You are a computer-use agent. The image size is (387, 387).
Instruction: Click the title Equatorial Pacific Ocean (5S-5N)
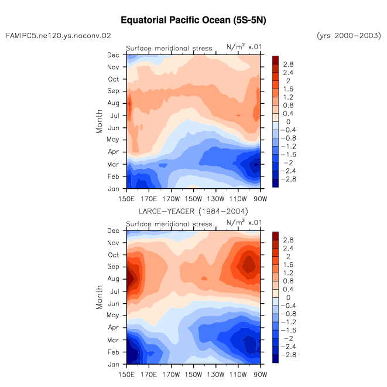click(193, 20)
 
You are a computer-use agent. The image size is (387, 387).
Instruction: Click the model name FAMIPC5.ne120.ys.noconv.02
click(59, 36)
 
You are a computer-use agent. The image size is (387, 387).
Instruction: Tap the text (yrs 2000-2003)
click(349, 36)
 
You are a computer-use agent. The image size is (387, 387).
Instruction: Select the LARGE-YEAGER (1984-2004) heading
click(193, 211)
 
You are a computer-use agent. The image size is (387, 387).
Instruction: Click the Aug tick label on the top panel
click(113, 103)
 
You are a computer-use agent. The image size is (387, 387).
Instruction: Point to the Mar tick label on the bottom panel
click(113, 340)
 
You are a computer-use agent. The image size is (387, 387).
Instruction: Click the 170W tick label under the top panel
click(171, 199)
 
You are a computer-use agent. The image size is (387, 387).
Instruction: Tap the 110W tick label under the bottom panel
click(238, 375)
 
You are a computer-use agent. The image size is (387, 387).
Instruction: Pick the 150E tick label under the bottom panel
click(126, 375)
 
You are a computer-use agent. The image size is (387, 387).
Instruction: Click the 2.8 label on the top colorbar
click(288, 64)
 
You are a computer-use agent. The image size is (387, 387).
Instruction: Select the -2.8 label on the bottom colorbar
click(288, 355)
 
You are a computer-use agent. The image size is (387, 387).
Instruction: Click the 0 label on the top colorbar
click(288, 121)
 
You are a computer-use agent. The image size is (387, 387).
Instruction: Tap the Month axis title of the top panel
click(99, 121)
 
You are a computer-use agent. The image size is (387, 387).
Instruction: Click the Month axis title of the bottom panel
click(99, 297)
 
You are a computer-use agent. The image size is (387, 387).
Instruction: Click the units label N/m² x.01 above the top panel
click(244, 46)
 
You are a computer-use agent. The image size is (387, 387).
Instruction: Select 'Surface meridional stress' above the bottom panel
click(169, 224)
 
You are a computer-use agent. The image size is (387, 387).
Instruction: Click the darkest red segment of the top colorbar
click(275, 60)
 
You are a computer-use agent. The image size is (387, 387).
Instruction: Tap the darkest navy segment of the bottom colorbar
click(275, 359)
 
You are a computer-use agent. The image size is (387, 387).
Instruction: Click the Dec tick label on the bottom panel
click(113, 230)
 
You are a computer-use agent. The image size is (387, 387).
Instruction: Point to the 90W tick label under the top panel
click(261, 199)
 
